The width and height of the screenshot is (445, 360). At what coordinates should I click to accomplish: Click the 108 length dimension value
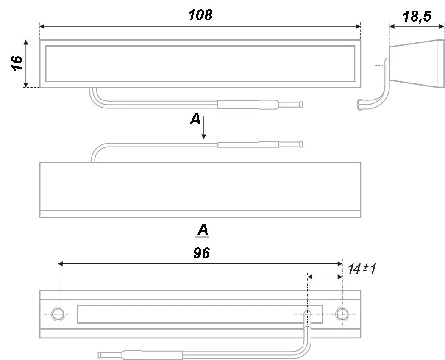click(x=200, y=15)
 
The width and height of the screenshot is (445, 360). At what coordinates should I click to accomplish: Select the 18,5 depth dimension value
click(x=417, y=17)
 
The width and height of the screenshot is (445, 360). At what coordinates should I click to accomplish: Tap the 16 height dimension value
click(x=17, y=63)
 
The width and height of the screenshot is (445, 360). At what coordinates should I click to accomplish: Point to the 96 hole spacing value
click(x=201, y=253)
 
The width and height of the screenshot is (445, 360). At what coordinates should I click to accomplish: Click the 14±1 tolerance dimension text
click(x=362, y=269)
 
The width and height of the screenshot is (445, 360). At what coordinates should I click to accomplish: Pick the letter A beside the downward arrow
click(x=195, y=119)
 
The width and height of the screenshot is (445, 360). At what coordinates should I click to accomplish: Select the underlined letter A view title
click(x=203, y=230)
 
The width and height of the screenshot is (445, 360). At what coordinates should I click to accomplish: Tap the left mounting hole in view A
click(x=58, y=314)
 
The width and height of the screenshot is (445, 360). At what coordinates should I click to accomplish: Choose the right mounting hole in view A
click(x=342, y=314)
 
